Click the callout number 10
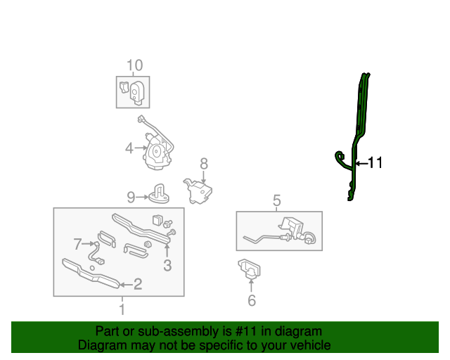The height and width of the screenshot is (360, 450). point(134,65)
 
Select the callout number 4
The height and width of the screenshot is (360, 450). point(129,148)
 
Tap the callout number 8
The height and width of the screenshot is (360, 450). point(204,163)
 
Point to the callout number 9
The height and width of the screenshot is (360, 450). point(131,196)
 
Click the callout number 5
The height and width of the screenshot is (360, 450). point(276,201)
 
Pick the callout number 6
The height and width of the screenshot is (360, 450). point(251,302)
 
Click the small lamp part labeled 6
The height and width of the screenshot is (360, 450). point(250,269)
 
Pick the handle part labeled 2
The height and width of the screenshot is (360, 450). point(91,273)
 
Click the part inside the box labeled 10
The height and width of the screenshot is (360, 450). point(133,91)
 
